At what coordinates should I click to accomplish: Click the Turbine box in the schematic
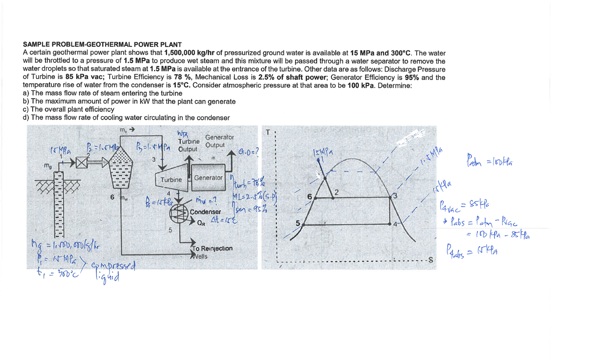tap(171, 180)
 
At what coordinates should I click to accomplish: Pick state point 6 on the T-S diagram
tap(309, 197)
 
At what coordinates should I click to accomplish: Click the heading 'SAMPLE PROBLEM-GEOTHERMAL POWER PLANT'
tap(102, 45)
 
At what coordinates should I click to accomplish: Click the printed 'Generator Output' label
tap(215, 141)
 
